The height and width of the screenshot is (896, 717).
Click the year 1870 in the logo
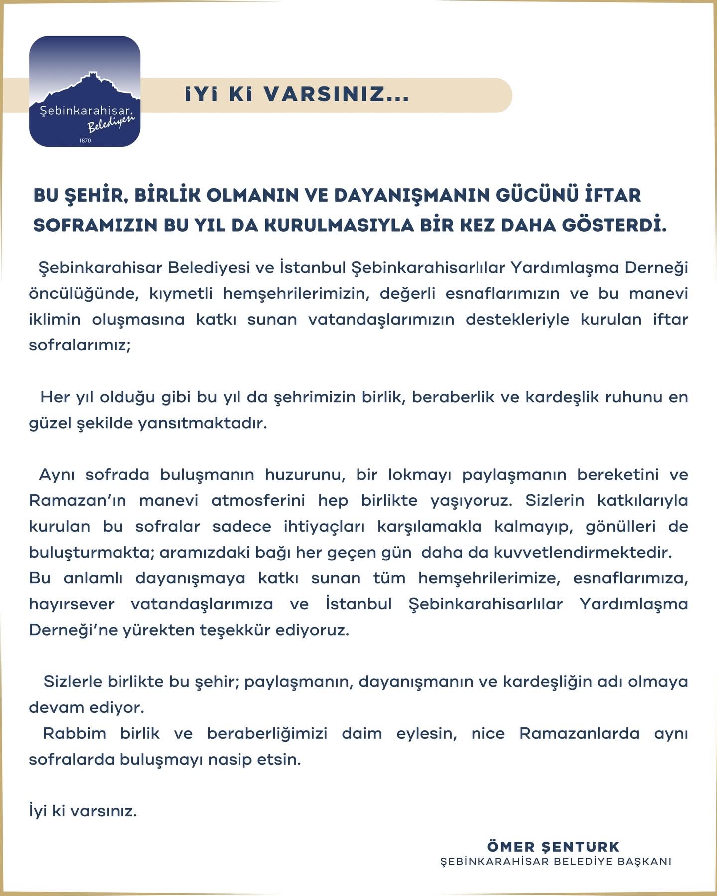pos(85,140)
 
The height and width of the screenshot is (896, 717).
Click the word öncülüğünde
pos(83,293)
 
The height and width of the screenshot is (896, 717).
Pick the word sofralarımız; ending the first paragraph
pos(80,345)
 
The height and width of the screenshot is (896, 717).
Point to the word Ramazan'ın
pos(78,500)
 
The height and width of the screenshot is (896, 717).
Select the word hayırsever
pos(72,604)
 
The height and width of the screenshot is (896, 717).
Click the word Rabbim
pos(75,733)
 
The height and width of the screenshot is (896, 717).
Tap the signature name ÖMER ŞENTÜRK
pos(553,846)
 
